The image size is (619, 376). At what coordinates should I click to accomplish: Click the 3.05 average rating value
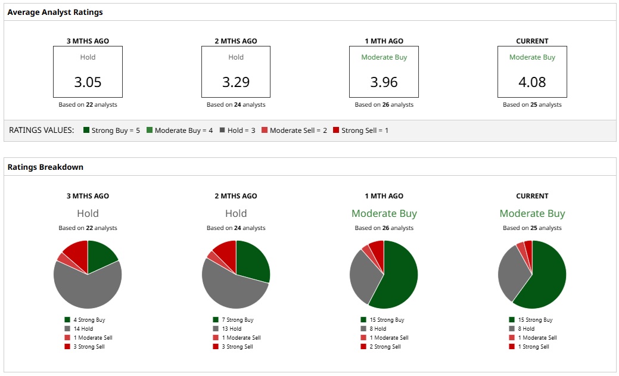point(88,82)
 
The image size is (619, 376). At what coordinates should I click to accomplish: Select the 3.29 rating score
point(236,82)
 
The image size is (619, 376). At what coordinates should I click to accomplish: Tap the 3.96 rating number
point(384,82)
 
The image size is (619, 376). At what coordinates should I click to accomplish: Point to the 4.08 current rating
point(532,82)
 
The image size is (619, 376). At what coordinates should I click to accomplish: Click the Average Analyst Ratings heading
point(55,12)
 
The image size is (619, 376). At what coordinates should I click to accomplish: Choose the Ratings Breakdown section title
point(45,167)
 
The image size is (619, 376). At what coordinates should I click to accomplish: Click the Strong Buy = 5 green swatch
point(86,130)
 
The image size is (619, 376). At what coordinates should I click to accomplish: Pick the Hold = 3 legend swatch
point(222,130)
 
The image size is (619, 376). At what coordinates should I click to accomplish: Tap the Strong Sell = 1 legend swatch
point(336,130)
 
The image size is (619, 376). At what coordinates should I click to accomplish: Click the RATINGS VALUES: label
point(42,130)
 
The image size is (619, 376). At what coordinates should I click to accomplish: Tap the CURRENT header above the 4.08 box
point(532,41)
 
